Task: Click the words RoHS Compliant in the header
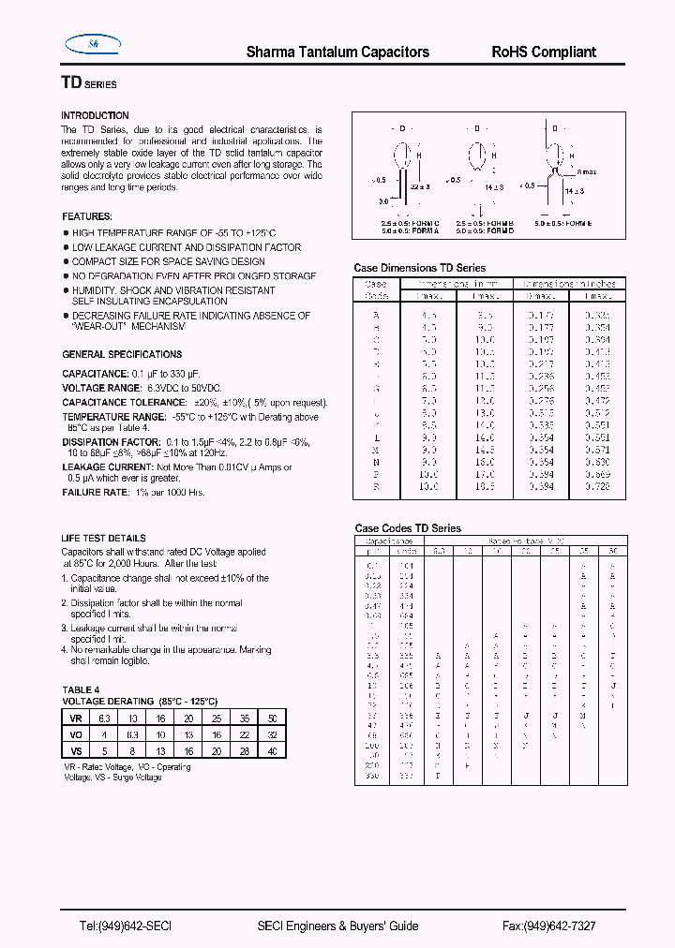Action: coord(544,52)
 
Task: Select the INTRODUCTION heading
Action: coord(95,115)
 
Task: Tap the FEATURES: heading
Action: coord(87,216)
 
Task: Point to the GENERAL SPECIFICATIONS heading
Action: coord(122,354)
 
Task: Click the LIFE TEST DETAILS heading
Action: coord(103,539)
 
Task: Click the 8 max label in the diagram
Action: coord(587,171)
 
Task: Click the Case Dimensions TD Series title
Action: coord(420,268)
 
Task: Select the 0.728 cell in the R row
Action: coord(597,487)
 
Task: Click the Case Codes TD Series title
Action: coord(408,528)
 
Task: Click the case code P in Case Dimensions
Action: coord(375,475)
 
